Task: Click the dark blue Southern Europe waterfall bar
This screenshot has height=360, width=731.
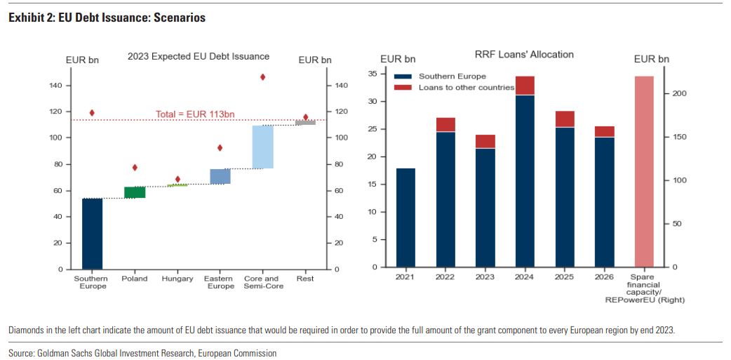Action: click(x=92, y=234)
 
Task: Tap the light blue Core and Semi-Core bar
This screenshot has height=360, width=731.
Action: click(x=262, y=147)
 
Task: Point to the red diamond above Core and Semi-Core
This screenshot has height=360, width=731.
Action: click(x=262, y=77)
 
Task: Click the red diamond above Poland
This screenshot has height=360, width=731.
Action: click(x=135, y=168)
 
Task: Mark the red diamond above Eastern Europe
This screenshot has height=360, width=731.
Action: click(x=220, y=148)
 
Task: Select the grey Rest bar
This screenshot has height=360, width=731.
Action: click(x=305, y=123)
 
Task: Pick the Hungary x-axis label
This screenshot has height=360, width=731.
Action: click(x=177, y=279)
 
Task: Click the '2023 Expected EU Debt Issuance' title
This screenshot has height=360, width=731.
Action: click(x=199, y=57)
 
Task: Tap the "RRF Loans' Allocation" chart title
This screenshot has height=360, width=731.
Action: click(x=524, y=55)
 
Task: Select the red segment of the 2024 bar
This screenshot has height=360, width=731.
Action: click(x=524, y=86)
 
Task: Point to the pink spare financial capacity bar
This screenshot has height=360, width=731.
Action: click(x=643, y=172)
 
